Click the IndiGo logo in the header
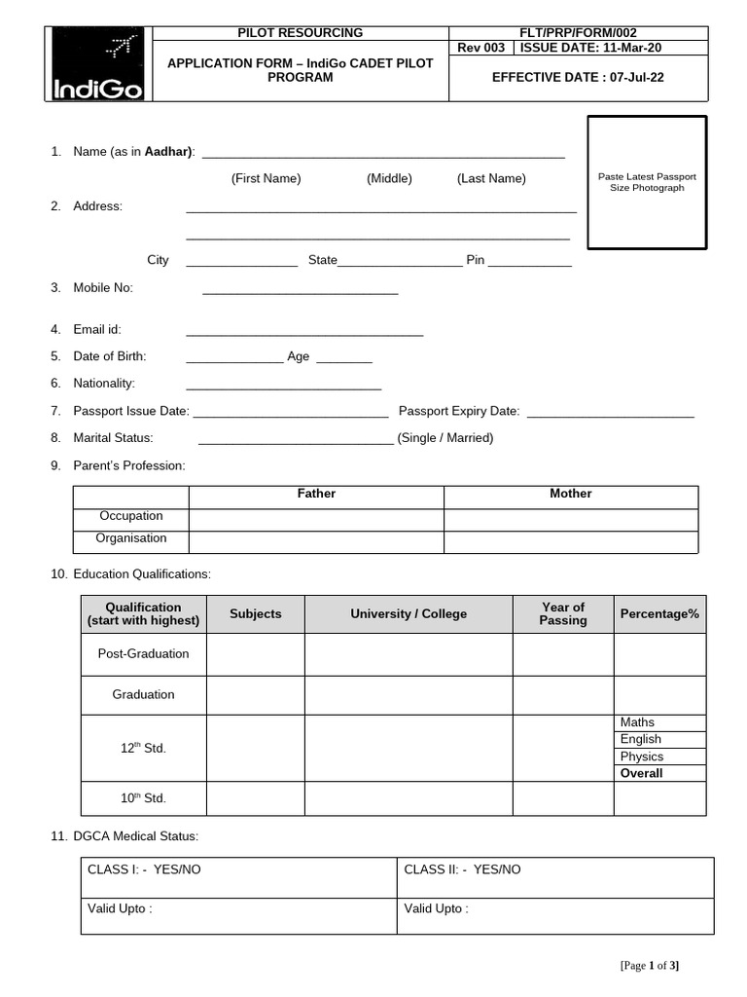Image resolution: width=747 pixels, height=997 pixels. [97, 63]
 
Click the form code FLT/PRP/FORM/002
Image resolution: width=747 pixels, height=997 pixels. [580, 33]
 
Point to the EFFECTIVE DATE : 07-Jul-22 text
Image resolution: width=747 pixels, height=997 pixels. [580, 77]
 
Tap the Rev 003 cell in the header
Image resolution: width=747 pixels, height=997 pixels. [480, 48]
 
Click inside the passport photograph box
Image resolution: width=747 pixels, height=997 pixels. [646, 182]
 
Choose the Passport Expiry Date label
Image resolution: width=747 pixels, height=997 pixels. [458, 412]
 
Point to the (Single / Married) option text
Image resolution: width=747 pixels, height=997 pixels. [445, 438]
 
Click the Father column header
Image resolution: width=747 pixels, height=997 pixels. [316, 495]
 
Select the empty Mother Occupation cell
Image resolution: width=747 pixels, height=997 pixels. [570, 518]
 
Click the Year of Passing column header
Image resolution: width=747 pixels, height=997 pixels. [563, 613]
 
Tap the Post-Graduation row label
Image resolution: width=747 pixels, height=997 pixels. [143, 653]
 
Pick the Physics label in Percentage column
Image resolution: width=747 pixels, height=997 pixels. [642, 757]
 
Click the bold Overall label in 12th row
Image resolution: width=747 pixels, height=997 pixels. [642, 773]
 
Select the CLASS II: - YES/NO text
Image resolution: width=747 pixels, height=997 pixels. [462, 869]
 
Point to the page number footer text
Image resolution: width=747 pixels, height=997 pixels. [649, 966]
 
